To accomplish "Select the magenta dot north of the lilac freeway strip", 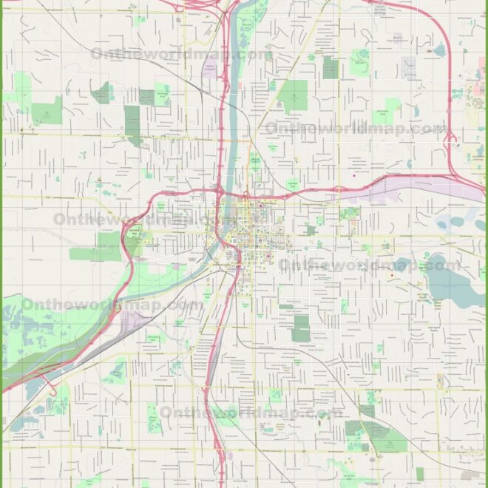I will (354, 175).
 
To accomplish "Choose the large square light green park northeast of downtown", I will (294, 95).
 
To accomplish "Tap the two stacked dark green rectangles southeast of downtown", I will (301, 328).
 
